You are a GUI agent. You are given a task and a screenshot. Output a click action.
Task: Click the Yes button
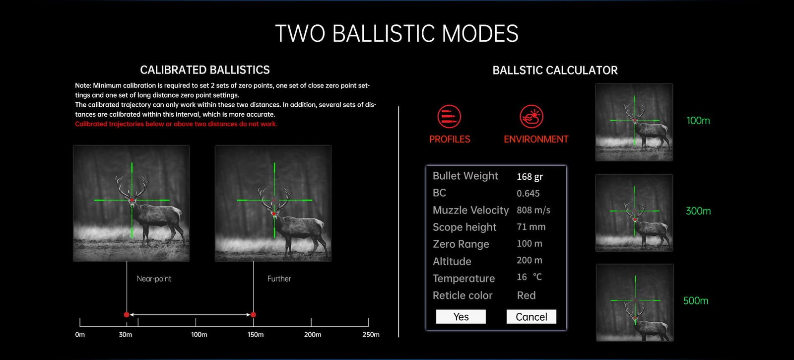[x=461, y=316]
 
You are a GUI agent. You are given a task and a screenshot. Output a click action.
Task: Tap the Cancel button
[x=531, y=316]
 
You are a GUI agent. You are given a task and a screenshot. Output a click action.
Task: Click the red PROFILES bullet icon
[x=449, y=116]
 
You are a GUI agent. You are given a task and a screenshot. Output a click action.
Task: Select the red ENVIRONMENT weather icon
[x=531, y=116]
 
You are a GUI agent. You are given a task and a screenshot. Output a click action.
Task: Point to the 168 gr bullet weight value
[x=529, y=177]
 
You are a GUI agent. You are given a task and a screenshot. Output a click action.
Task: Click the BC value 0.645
[x=528, y=193]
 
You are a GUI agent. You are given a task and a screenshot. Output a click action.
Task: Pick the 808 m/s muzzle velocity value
[x=533, y=211]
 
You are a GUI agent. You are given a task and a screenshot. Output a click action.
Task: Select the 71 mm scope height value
[x=531, y=227]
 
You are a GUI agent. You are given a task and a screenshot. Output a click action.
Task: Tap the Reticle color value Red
[x=527, y=295]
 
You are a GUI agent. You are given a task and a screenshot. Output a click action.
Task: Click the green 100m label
[x=698, y=121]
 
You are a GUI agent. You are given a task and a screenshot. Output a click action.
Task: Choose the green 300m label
[x=698, y=211]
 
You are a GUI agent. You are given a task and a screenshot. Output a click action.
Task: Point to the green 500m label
[x=696, y=301]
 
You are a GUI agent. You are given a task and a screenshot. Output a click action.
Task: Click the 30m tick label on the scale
[x=126, y=335]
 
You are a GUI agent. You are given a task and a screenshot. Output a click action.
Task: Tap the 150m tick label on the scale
[x=256, y=335]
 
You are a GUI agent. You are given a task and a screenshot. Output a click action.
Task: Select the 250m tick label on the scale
[x=371, y=335]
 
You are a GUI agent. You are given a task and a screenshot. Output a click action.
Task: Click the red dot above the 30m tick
[x=127, y=315]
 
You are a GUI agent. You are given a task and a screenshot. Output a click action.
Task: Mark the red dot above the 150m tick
[x=253, y=315]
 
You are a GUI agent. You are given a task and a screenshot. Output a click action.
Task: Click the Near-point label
[x=154, y=279]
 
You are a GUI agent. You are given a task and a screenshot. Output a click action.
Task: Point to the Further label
[x=279, y=279]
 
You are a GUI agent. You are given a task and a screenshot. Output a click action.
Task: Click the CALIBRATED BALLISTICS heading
[x=205, y=70]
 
